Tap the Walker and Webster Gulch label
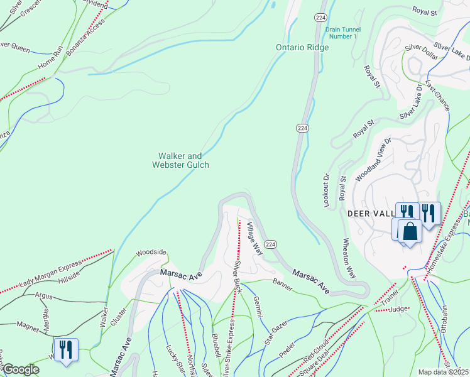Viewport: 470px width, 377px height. click(181, 160)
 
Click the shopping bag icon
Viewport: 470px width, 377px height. click(410, 231)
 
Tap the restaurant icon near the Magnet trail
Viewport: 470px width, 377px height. click(66, 349)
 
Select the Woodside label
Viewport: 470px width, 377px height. click(151, 252)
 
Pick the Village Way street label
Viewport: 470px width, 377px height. click(254, 238)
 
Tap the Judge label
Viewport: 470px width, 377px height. click(398, 309)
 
